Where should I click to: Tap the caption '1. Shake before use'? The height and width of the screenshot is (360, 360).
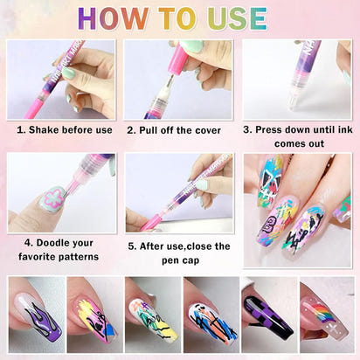(65, 130)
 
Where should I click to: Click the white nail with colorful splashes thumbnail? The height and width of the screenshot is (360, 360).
(210, 315)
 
